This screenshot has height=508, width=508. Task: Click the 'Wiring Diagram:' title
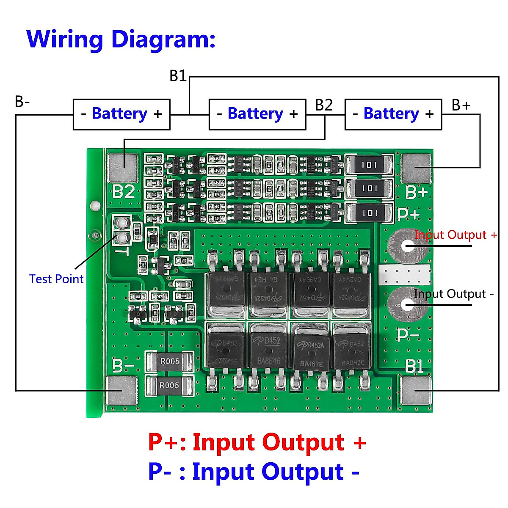coord(121,39)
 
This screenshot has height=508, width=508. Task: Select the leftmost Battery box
coord(121,114)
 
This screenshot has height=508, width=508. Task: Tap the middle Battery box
coord(257,114)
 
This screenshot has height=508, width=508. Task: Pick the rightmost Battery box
coord(393,114)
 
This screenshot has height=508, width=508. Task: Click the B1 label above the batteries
coord(178,76)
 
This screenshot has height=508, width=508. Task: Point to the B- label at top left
coord(22,102)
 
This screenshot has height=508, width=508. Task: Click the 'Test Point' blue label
coord(56,279)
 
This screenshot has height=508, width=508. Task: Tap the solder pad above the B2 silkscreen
coord(122,168)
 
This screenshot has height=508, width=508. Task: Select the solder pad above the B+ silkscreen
coord(416,168)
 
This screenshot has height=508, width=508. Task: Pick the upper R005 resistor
coord(169,362)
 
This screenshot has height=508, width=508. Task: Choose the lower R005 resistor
coord(169,385)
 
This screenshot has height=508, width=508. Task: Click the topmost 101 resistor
coord(370,165)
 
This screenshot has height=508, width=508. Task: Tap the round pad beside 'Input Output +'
coord(408,246)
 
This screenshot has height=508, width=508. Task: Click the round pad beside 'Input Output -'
coord(407,304)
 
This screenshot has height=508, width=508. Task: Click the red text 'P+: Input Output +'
coord(257,442)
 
